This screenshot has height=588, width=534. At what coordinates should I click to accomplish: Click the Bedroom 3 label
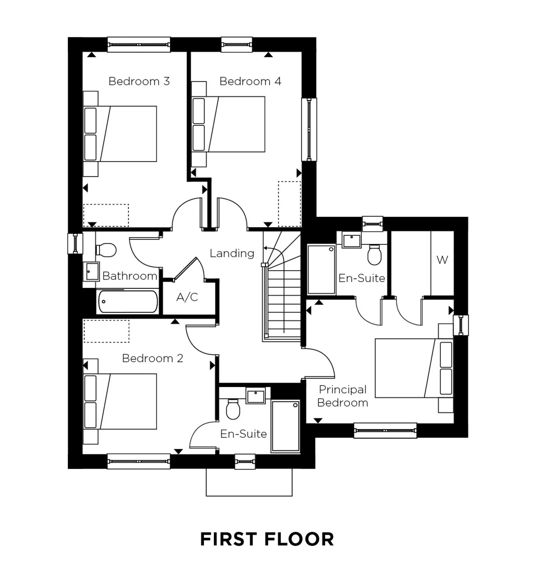click(x=139, y=81)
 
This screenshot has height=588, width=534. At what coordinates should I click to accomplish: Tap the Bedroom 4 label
click(x=250, y=81)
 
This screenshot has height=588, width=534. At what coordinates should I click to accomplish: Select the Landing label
click(x=232, y=253)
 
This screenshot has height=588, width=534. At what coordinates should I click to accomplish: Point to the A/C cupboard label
click(x=187, y=297)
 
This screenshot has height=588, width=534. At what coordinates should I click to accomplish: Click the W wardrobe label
click(x=442, y=260)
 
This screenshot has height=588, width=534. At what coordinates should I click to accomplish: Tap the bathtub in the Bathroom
click(x=128, y=302)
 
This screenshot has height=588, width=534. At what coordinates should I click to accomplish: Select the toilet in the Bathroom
click(x=106, y=250)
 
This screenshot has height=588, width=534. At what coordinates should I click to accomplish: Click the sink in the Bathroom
click(x=92, y=271)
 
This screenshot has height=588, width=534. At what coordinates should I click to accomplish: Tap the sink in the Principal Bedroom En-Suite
click(x=352, y=241)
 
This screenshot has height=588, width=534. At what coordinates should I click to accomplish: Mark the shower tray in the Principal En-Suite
click(x=321, y=270)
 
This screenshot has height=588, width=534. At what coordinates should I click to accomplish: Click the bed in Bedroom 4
click(x=229, y=124)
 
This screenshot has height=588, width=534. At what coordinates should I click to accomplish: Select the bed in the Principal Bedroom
click(x=414, y=368)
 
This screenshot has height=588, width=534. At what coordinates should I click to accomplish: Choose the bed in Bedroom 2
click(x=120, y=402)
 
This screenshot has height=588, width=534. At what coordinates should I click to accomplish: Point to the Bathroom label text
click(x=130, y=276)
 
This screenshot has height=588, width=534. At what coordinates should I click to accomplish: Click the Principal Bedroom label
click(x=342, y=396)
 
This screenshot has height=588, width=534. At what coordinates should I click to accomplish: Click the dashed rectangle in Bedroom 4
click(x=289, y=204)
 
